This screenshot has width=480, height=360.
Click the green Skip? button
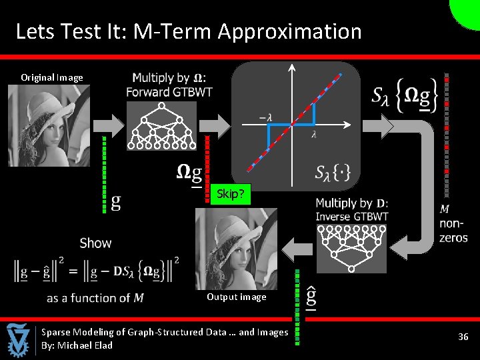coord(231,194)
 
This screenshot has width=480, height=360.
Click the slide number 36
coord(463,337)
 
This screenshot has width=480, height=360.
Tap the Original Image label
coord(52,77)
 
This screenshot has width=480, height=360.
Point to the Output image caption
coord(236,297)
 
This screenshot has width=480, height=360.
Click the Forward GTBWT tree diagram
coord(162,126)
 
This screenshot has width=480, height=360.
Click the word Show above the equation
coord(95,243)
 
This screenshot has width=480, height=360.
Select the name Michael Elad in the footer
coord(85,345)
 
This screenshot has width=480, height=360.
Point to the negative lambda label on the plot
coord(265,117)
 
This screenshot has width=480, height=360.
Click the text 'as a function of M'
coord(95,298)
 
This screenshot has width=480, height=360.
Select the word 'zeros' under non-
coord(453,237)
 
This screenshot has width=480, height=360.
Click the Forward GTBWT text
coord(169,91)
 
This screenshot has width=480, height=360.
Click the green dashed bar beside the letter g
coord(105,174)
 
